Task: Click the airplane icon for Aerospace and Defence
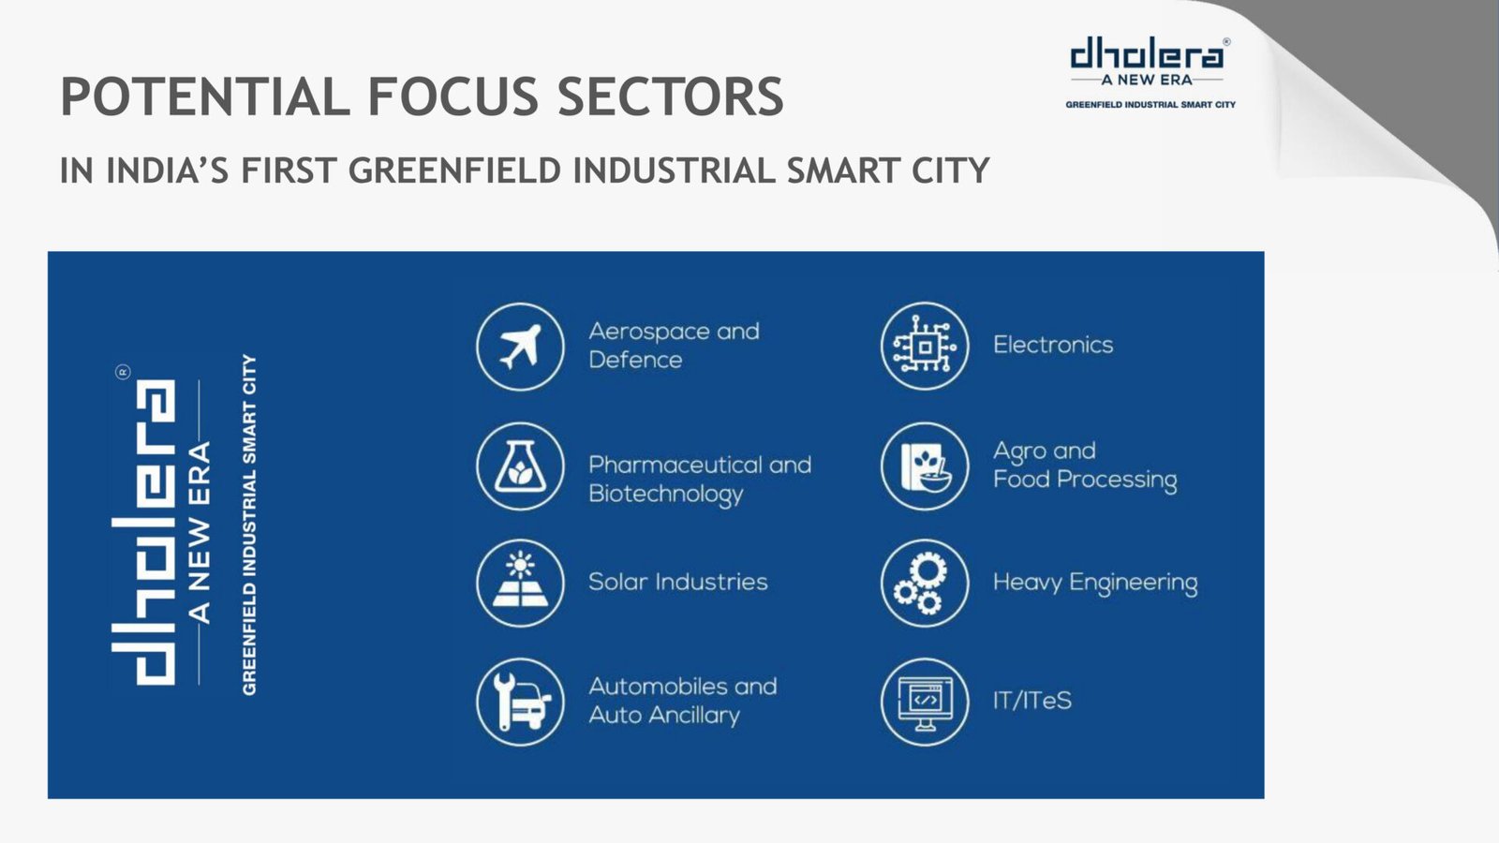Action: click(520, 347)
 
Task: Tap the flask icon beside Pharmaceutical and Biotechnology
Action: click(520, 466)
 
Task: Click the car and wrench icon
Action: click(520, 702)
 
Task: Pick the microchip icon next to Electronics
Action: click(925, 346)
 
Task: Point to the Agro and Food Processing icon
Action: click(925, 466)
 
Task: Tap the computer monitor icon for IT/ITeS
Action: click(925, 702)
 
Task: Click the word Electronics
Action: click(1053, 345)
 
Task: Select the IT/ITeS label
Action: click(1031, 701)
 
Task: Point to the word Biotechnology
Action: click(666, 495)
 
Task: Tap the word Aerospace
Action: click(647, 332)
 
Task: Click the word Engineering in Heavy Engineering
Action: click(1133, 583)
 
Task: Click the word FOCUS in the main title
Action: click(453, 96)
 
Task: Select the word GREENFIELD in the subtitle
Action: click(454, 170)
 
